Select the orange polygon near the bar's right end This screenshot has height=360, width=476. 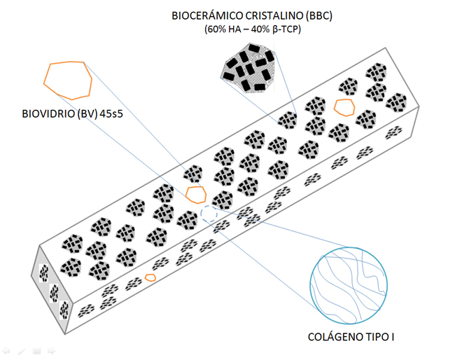pyautogui.click(x=343, y=106)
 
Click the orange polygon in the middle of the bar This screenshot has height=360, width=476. pyautogui.click(x=196, y=194)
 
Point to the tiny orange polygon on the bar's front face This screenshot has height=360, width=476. pyautogui.click(x=150, y=277)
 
